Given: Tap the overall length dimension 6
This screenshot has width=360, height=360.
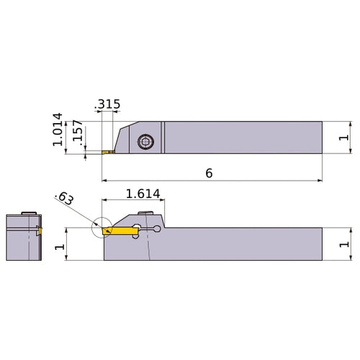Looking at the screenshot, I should (x=209, y=174).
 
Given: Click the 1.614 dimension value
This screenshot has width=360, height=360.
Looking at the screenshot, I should (x=143, y=193).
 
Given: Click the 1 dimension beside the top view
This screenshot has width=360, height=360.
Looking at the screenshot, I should (x=344, y=137).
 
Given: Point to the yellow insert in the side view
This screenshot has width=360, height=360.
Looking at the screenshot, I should (x=120, y=230).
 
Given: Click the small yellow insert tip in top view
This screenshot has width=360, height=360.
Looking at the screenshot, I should (x=108, y=152).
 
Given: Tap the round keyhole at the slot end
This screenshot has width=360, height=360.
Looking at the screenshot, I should (x=158, y=230).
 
